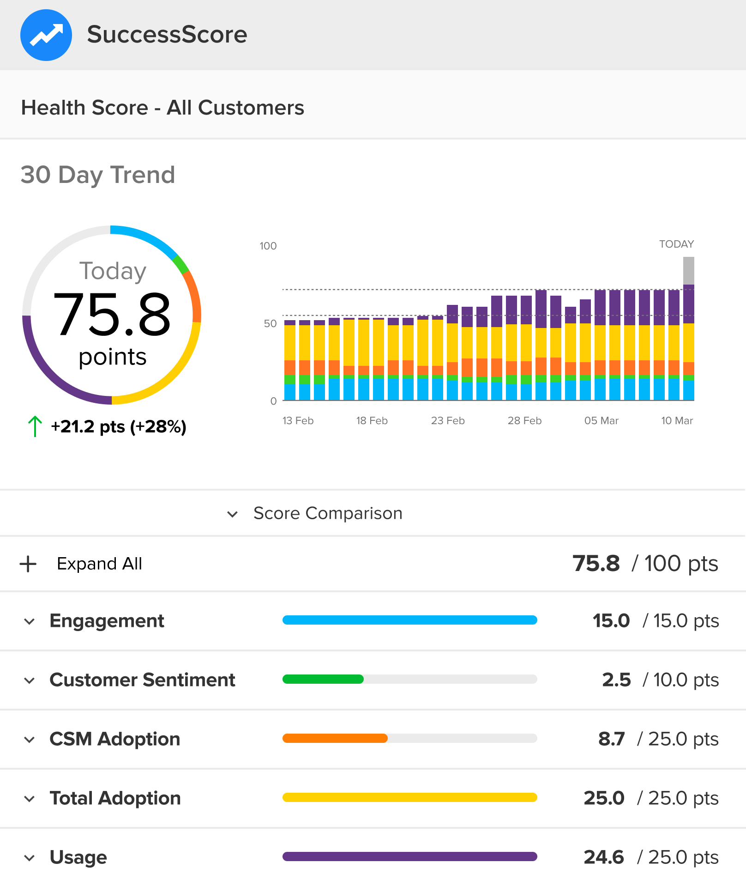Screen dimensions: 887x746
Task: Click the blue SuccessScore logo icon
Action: [x=46, y=35]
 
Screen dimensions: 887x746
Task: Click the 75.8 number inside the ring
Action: [x=112, y=315]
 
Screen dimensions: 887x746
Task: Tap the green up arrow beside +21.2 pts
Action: [x=35, y=426]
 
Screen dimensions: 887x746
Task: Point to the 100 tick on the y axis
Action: [x=268, y=246]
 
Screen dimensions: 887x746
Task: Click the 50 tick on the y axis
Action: [x=270, y=323]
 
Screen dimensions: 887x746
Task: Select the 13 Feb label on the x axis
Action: [x=298, y=420]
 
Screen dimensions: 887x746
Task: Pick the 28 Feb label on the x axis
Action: [x=524, y=420]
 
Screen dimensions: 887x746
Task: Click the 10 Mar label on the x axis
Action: [x=677, y=420]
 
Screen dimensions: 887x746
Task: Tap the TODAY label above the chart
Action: [x=676, y=244]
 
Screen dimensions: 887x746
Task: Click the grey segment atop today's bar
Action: [x=688, y=270]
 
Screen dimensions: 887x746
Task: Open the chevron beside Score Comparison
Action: [x=233, y=514]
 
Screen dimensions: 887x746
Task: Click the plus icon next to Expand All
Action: [x=28, y=564]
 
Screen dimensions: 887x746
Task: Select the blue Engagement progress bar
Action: [x=409, y=620]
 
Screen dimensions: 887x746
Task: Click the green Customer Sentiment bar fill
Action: [x=323, y=679]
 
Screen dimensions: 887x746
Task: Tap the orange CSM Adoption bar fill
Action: [x=335, y=738]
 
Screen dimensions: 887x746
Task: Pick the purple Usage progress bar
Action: [x=409, y=857]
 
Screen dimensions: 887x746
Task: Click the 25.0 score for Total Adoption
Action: [x=604, y=798]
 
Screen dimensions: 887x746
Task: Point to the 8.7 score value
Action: [x=611, y=739]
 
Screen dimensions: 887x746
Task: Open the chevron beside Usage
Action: [x=30, y=858]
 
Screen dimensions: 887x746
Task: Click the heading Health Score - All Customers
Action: [x=162, y=108]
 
